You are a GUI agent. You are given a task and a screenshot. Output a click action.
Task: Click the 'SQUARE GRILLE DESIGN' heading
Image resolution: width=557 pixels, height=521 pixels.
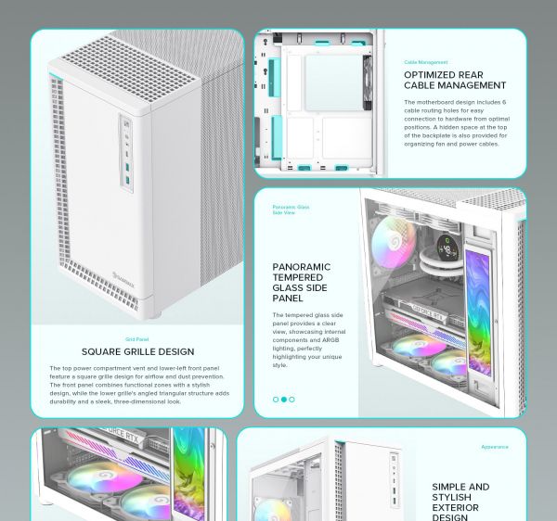[x=137, y=351]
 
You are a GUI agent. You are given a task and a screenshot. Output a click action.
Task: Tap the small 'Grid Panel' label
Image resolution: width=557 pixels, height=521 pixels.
[x=137, y=339]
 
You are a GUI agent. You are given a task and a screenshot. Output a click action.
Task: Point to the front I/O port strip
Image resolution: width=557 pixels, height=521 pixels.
[x=126, y=148]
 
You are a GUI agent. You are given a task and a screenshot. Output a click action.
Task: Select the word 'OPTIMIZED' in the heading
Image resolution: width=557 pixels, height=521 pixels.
[x=430, y=74]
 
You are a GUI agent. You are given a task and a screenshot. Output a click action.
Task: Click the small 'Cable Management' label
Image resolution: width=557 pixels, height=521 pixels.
[x=425, y=63]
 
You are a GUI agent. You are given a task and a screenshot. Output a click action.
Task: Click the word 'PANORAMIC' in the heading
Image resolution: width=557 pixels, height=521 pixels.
[x=301, y=267]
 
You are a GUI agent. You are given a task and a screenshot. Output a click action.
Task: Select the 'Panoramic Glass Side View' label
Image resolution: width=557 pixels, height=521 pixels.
[x=291, y=210]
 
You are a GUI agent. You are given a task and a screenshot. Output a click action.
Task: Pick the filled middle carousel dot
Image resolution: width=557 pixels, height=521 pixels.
[x=283, y=400]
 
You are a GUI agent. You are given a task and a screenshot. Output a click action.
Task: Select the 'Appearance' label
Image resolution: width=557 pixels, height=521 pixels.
[x=494, y=447]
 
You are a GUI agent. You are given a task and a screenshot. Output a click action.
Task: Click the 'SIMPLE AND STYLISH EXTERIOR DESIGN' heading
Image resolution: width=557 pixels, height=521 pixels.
[x=461, y=502]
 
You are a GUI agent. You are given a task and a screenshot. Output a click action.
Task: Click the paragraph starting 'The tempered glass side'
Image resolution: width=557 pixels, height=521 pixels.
[x=308, y=340]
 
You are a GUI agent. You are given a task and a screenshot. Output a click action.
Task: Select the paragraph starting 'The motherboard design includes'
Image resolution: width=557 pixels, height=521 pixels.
[x=456, y=122]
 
